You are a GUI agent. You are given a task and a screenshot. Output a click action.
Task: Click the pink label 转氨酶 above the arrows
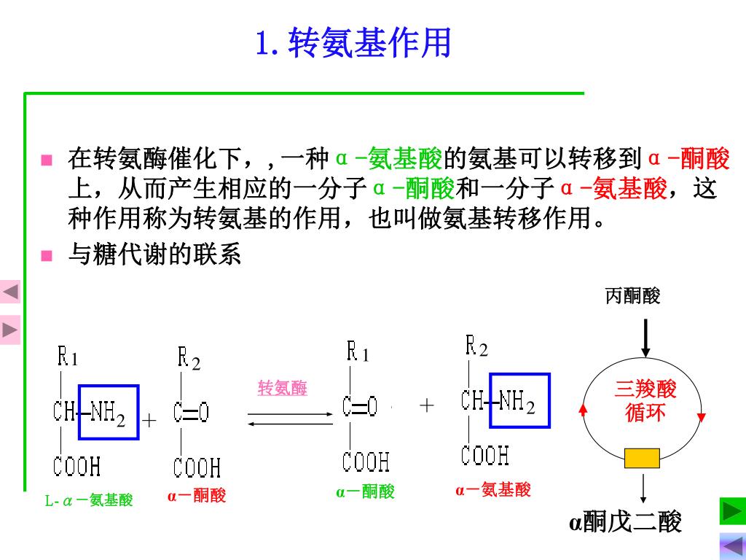[x=283, y=388]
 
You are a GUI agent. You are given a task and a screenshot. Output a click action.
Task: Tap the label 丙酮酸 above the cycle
[x=632, y=296]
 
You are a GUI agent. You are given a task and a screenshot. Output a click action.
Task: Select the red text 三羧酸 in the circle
[x=645, y=389]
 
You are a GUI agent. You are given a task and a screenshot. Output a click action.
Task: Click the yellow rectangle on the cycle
[x=642, y=459]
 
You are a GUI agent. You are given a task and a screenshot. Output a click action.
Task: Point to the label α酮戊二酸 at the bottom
[x=625, y=522]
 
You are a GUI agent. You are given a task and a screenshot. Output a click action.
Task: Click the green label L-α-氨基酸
[x=89, y=500]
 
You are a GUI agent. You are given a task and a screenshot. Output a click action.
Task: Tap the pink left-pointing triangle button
[x=10, y=293]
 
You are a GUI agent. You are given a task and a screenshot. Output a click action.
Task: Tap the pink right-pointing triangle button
[x=10, y=330]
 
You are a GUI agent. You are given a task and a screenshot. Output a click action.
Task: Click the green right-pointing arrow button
[x=732, y=511]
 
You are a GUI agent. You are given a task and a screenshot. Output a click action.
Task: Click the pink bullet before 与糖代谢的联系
[x=47, y=255]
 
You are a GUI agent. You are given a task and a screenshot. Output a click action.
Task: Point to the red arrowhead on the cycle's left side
[x=583, y=409]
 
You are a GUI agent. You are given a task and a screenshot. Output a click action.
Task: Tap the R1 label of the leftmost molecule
[x=68, y=357]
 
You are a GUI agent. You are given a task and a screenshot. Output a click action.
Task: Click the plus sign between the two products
[x=426, y=405]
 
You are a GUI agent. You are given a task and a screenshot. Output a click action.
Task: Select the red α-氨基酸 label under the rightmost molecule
[x=493, y=490]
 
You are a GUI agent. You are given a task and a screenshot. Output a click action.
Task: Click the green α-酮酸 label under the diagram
[x=365, y=492]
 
